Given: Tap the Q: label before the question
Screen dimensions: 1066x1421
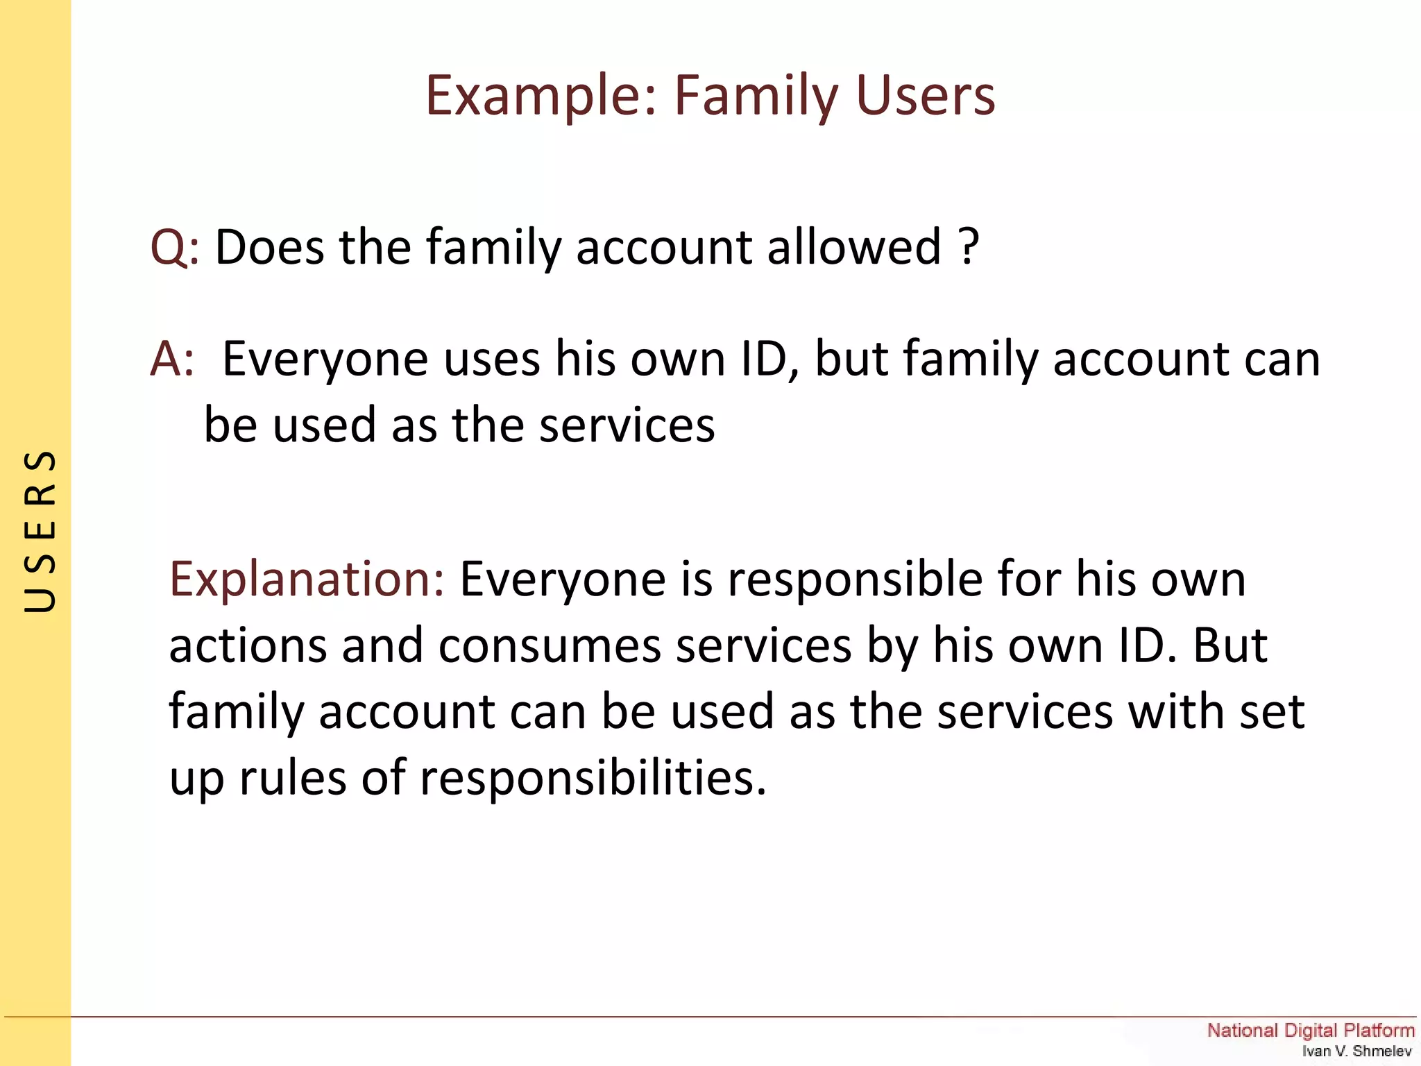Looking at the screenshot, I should [174, 247].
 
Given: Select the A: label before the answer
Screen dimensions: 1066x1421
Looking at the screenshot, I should [172, 359].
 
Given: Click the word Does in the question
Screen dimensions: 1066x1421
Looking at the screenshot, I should [269, 247].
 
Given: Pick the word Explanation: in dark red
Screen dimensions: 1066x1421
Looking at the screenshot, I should [306, 579].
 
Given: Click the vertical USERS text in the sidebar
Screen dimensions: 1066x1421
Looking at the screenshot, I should [40, 531].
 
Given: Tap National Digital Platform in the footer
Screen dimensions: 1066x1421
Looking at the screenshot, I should [1310, 1030].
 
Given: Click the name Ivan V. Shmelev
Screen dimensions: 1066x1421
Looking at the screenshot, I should [1356, 1051].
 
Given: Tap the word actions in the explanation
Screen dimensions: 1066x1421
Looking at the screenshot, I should [247, 645].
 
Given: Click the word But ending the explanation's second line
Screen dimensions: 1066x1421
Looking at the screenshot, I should [1229, 645].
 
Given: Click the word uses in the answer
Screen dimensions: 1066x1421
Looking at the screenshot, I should [491, 359].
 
